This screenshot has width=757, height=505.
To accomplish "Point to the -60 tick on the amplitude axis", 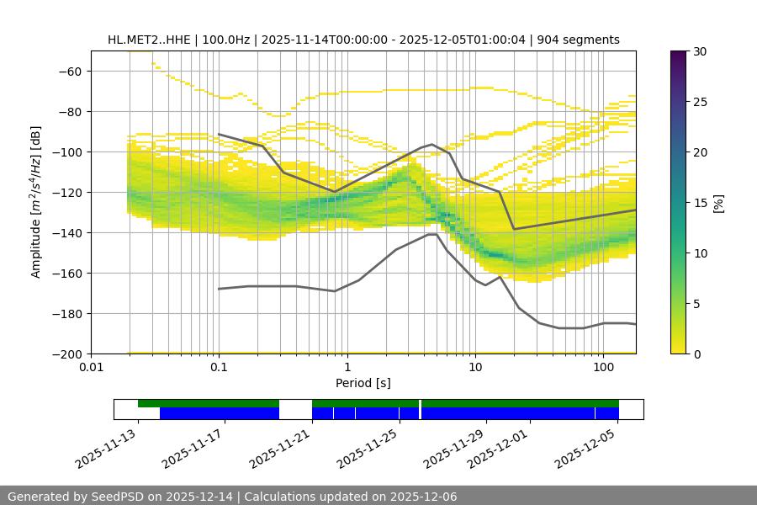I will pyautogui.click(x=71, y=72).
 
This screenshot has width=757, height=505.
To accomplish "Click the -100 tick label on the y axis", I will pyautogui.click(x=67, y=152).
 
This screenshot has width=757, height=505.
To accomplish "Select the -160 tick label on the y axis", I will pyautogui.click(x=67, y=274).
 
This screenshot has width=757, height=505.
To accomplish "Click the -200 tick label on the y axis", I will pyautogui.click(x=67, y=354).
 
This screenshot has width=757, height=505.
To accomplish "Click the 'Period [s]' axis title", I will pyautogui.click(x=363, y=383).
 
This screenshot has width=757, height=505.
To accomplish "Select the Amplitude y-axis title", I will pyautogui.click(x=36, y=202).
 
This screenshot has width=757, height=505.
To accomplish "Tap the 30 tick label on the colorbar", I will pyautogui.click(x=700, y=51).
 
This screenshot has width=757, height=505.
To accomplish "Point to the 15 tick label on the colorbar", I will pyautogui.click(x=700, y=203).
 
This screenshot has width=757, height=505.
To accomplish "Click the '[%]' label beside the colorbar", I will pyautogui.click(x=718, y=203).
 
